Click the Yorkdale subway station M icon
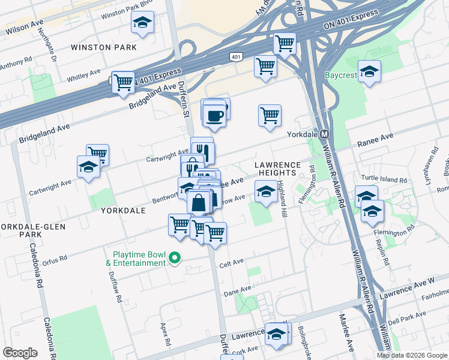(x=324, y=134)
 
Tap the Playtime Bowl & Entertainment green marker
(x=175, y=258)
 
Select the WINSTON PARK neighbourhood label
(x=103, y=47)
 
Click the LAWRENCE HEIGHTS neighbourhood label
(x=276, y=168)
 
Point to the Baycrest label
(x=341, y=76)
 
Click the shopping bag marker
(x=199, y=203)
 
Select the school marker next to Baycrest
(x=369, y=71)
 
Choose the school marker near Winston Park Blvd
(x=142, y=23)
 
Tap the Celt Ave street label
(x=232, y=262)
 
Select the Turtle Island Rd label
(x=384, y=179)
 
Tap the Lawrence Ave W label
(x=415, y=282)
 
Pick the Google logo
(x=20, y=353)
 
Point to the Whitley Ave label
(x=83, y=74)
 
